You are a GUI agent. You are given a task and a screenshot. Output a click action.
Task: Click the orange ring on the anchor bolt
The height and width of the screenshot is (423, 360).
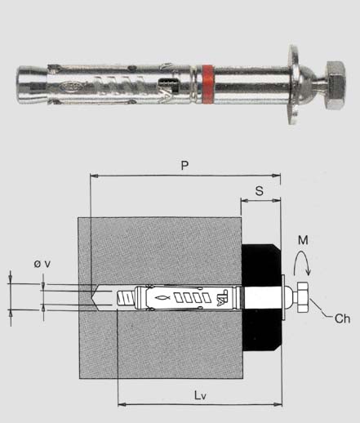pyautogui.click(x=208, y=84)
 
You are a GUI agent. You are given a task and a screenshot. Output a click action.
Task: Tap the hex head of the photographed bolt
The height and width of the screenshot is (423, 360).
pyautogui.click(x=336, y=85)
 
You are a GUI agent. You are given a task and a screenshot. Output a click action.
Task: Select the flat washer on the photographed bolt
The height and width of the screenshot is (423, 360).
pyautogui.click(x=294, y=85)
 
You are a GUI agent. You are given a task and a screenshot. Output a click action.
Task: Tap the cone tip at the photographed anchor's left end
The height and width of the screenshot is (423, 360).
pyautogui.click(x=32, y=85)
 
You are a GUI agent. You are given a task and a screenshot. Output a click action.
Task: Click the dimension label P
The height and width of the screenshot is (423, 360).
pyautogui.click(x=184, y=166)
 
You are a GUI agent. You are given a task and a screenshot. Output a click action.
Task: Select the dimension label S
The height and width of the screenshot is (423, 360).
pyautogui.click(x=260, y=190)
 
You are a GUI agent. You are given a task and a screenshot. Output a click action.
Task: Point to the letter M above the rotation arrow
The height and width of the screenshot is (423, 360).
pyautogui.click(x=303, y=240)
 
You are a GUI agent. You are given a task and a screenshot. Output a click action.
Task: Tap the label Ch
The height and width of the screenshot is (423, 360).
pyautogui.click(x=342, y=318)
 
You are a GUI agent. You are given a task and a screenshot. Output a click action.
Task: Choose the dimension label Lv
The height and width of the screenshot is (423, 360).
pyautogui.click(x=200, y=395)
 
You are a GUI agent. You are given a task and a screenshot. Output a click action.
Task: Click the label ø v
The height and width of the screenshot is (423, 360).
pyautogui.click(x=42, y=264)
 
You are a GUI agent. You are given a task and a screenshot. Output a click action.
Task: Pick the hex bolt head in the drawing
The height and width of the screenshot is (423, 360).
pyautogui.click(x=303, y=297)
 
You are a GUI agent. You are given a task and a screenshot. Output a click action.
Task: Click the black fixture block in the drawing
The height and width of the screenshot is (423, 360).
pyautogui.click(x=261, y=297)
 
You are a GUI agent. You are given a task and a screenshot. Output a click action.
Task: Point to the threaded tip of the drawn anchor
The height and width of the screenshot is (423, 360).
pyautogui.click(x=126, y=298)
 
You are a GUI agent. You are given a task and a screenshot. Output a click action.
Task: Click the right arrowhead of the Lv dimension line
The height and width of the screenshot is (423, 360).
pyautogui.click(x=278, y=404)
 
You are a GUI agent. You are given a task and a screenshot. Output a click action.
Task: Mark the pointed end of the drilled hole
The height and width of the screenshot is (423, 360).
pyautogui.click(x=92, y=297)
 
